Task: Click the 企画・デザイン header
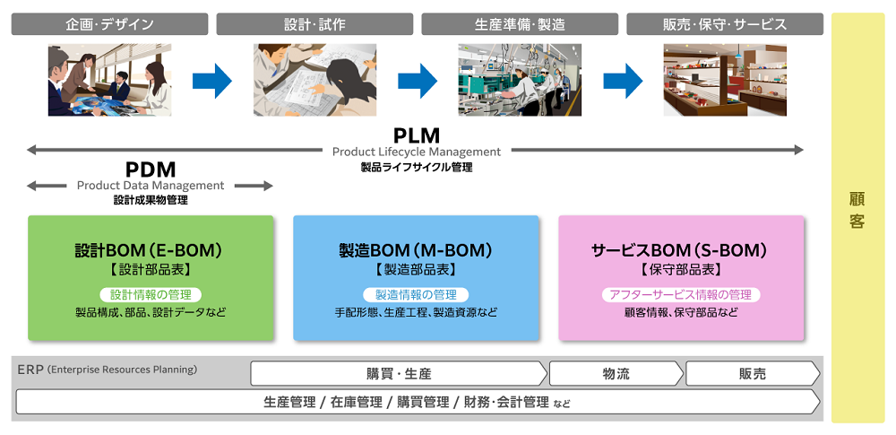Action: pos(109,24)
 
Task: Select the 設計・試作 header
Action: pos(314,24)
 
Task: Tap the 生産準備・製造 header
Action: pos(520,24)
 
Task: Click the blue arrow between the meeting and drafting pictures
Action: pos(212,81)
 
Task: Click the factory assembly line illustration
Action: pos(520,80)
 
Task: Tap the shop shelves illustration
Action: pos(725,80)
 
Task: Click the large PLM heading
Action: pos(417,135)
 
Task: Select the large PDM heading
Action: pos(151,169)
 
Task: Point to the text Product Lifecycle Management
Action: pos(417,152)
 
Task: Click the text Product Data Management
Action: pos(151,186)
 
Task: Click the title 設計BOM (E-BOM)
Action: pos(151,251)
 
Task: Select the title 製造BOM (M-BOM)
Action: pos(416,251)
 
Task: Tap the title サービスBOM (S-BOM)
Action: pos(681,251)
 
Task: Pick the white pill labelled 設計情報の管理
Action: pos(151,294)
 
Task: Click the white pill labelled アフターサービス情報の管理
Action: pos(680,294)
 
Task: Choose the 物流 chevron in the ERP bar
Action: pos(616,373)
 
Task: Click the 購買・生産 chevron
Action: pos(399,373)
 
